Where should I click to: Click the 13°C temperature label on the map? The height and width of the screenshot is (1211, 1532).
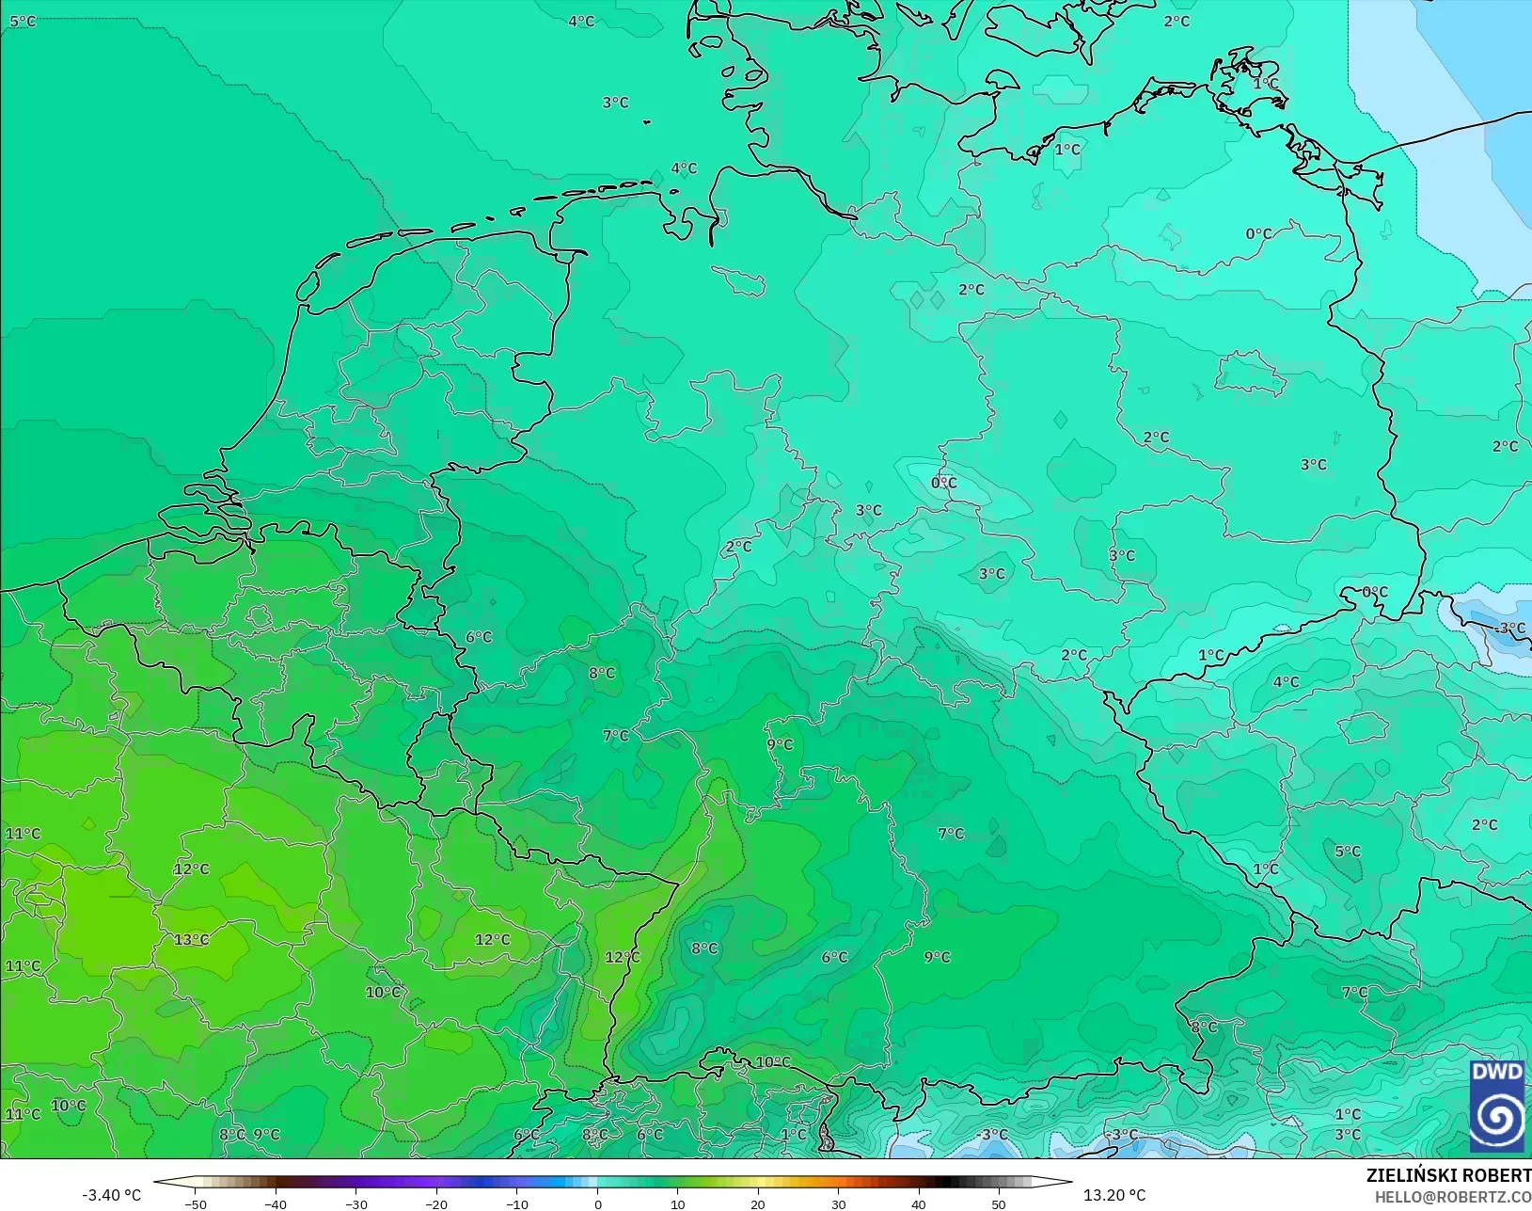[x=191, y=940]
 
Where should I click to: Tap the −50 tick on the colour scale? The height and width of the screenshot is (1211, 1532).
[x=196, y=1203]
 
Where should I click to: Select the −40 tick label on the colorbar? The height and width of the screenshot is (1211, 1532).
[x=275, y=1203]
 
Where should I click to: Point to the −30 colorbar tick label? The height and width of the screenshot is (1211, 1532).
[x=355, y=1203]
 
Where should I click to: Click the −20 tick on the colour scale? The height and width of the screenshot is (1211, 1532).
[x=435, y=1203]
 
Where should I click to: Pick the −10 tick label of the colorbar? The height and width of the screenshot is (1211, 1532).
[x=516, y=1203]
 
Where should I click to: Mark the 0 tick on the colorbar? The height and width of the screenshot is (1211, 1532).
[x=597, y=1203]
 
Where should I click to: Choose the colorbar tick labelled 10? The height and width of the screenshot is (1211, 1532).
[x=677, y=1203]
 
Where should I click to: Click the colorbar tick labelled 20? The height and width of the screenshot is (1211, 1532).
[x=758, y=1203]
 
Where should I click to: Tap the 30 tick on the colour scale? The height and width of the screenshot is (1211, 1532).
[x=838, y=1203]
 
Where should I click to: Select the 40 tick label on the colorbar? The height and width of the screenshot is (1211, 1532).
[x=919, y=1203]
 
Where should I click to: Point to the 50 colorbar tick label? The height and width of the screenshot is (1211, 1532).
[x=999, y=1203]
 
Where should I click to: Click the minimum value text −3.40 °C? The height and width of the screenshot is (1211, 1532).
[x=111, y=1195]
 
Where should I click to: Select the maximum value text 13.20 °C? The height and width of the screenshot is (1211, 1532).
[x=1114, y=1195]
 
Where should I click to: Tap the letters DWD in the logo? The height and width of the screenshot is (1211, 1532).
[x=1496, y=1073]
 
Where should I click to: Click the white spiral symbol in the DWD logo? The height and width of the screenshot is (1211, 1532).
[x=1496, y=1118]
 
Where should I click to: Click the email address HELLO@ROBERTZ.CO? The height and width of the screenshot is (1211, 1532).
[x=1453, y=1197]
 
